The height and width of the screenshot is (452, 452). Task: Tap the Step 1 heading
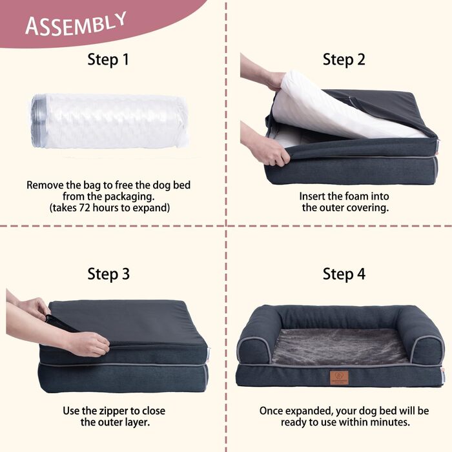108,59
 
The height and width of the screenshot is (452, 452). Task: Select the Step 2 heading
344,59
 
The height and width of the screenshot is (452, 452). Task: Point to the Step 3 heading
108,274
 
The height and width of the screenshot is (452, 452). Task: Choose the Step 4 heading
344,274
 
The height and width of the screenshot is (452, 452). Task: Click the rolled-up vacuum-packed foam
110,121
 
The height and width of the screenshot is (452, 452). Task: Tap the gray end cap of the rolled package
38,121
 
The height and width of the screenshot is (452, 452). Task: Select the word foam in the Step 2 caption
358,196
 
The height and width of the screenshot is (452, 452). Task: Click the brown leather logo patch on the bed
339,377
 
